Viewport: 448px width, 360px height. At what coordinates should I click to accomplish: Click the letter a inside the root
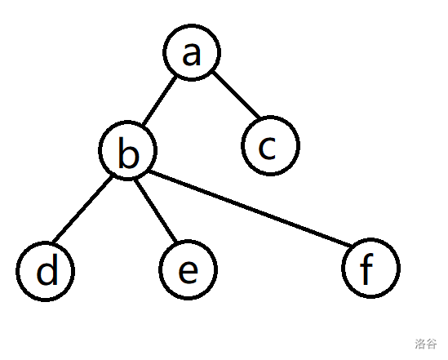click(192, 53)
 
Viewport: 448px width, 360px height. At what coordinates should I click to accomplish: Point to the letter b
click(129, 152)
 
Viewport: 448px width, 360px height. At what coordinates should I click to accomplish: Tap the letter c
click(267, 148)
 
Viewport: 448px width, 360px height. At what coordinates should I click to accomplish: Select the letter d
click(47, 269)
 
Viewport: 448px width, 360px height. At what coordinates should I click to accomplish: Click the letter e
click(188, 272)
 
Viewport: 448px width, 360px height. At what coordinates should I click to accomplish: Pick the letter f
click(367, 269)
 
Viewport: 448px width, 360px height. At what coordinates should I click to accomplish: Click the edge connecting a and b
click(160, 101)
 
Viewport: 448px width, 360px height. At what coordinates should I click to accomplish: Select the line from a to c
click(237, 95)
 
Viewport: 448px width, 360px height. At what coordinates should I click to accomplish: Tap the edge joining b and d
click(82, 210)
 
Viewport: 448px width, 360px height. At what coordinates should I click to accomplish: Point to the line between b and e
click(155, 210)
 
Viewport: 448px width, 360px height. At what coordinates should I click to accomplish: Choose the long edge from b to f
click(250, 209)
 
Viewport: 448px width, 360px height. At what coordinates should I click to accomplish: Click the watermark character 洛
click(420, 344)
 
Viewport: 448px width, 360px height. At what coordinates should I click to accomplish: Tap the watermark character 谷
click(432, 344)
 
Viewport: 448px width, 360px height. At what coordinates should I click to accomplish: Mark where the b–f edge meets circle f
click(351, 247)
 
